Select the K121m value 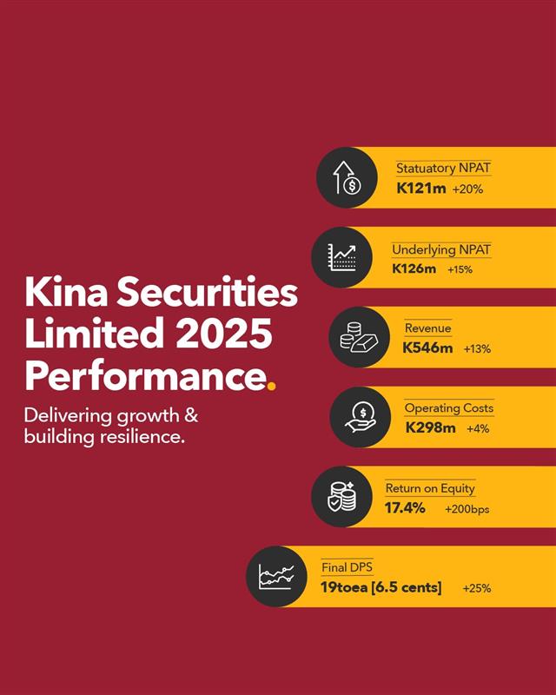(420, 188)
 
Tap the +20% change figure (467, 189)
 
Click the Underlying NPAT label (441, 250)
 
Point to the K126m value (414, 269)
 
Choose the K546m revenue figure (427, 348)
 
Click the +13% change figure (477, 349)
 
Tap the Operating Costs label (448, 408)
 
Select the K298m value (430, 427)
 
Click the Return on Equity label (430, 488)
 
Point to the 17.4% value (405, 507)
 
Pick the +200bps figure (467, 509)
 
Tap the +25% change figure (477, 588)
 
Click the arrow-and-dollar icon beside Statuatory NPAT (346, 177)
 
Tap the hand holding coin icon (359, 417)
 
